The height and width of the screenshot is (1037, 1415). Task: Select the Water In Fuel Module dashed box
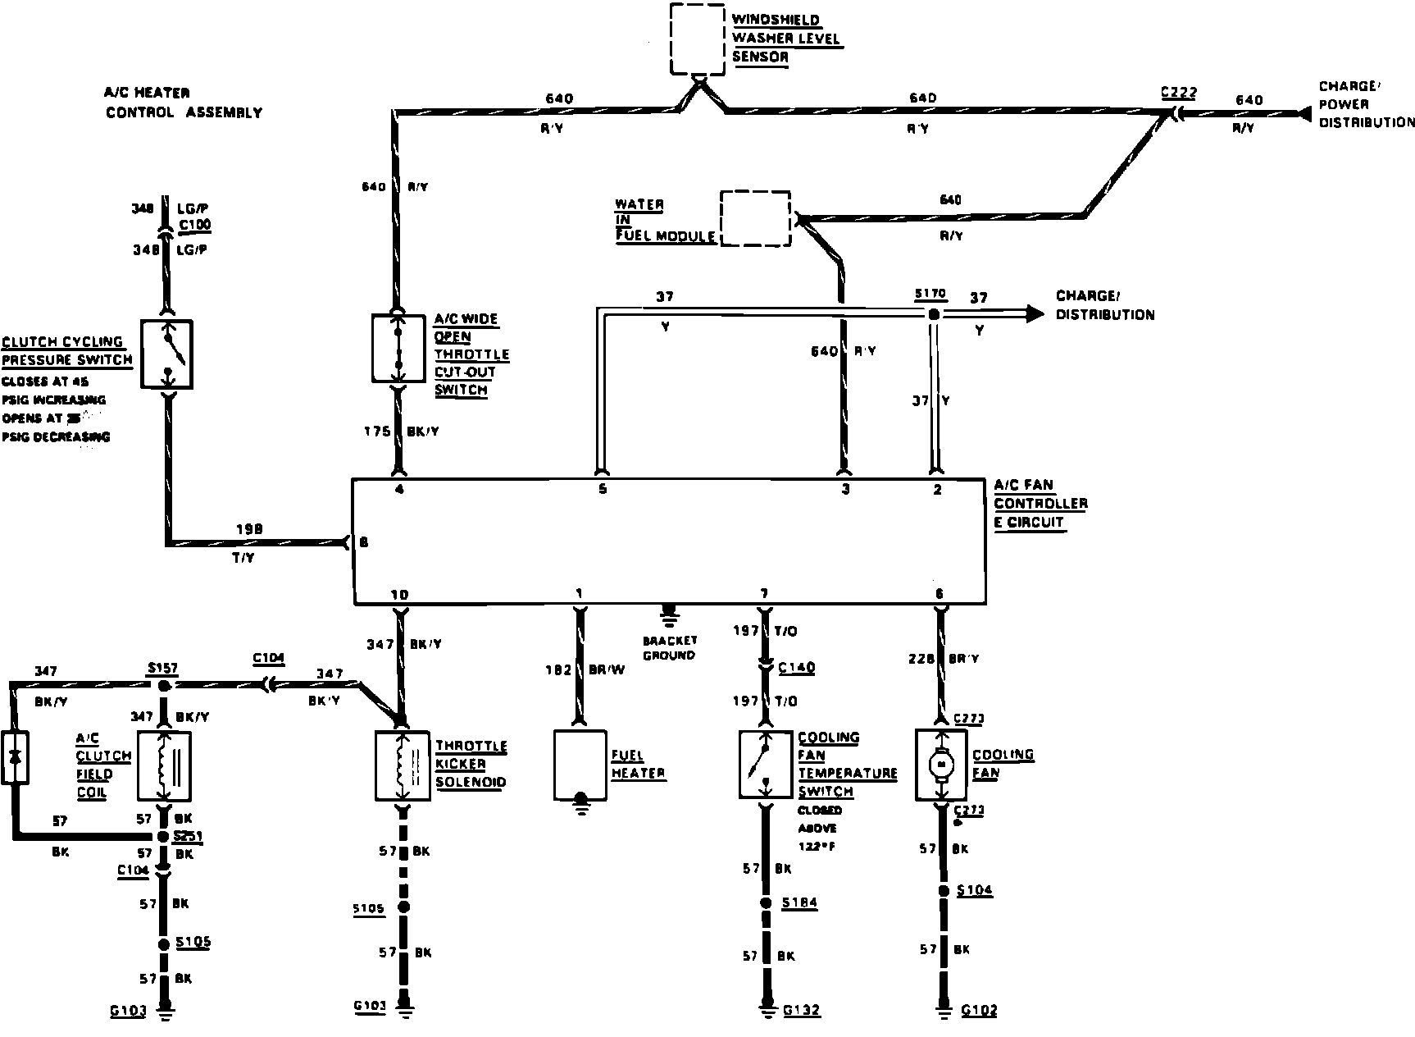click(x=755, y=218)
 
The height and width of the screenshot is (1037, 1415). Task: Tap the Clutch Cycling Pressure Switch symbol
click(x=167, y=354)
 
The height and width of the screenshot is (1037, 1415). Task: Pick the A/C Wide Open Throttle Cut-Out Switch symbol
click(x=399, y=348)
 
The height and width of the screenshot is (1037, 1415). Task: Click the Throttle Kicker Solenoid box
click(x=403, y=764)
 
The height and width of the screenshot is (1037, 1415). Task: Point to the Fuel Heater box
click(x=580, y=764)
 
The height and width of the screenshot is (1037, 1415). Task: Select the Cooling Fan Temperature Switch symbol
click(x=766, y=764)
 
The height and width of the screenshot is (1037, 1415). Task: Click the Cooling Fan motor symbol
click(x=941, y=764)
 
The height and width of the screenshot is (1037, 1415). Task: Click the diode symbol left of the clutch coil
click(x=15, y=756)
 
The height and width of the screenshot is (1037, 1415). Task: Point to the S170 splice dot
click(x=933, y=314)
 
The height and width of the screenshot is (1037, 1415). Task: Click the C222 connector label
click(x=1178, y=93)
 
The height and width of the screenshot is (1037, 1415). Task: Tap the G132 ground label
click(x=800, y=1010)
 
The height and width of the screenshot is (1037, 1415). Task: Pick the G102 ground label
click(x=979, y=1010)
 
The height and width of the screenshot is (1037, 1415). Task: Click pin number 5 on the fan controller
click(x=602, y=490)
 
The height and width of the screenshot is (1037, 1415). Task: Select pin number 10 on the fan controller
click(x=399, y=595)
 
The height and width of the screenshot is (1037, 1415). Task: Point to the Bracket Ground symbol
click(x=669, y=613)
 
